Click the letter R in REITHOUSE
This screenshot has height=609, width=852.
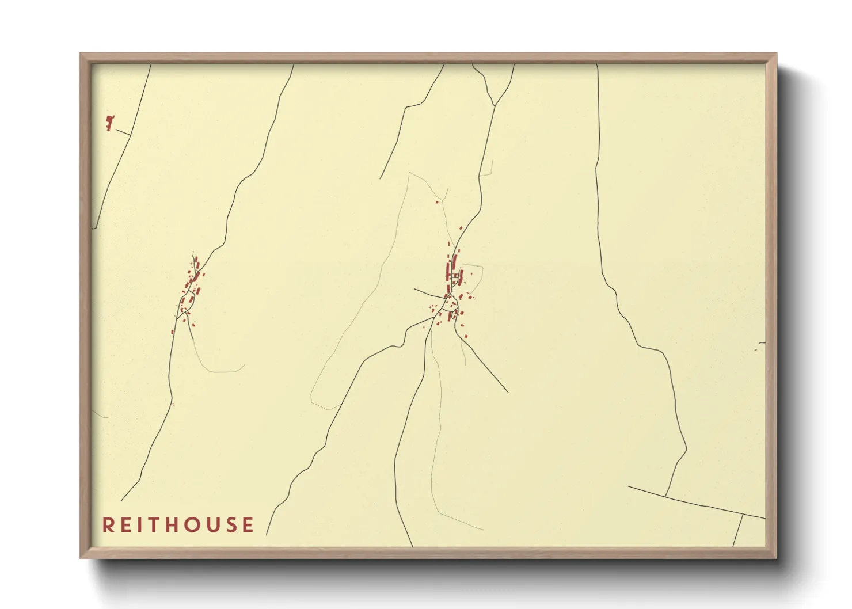coord(108,525)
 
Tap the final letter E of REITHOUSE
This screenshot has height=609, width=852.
coord(248,525)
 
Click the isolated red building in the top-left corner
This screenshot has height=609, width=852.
coord(109,122)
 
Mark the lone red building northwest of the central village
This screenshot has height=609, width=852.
coord(437,202)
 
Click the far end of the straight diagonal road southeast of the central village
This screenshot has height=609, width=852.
coord(507,392)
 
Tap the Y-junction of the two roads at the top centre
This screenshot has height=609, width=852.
coord(495,106)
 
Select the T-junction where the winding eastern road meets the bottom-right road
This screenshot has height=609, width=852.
coord(665,496)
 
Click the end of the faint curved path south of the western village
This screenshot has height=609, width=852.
coord(244,364)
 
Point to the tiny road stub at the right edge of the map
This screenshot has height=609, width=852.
coord(761,344)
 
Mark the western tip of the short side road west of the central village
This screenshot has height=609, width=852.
coord(415,289)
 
